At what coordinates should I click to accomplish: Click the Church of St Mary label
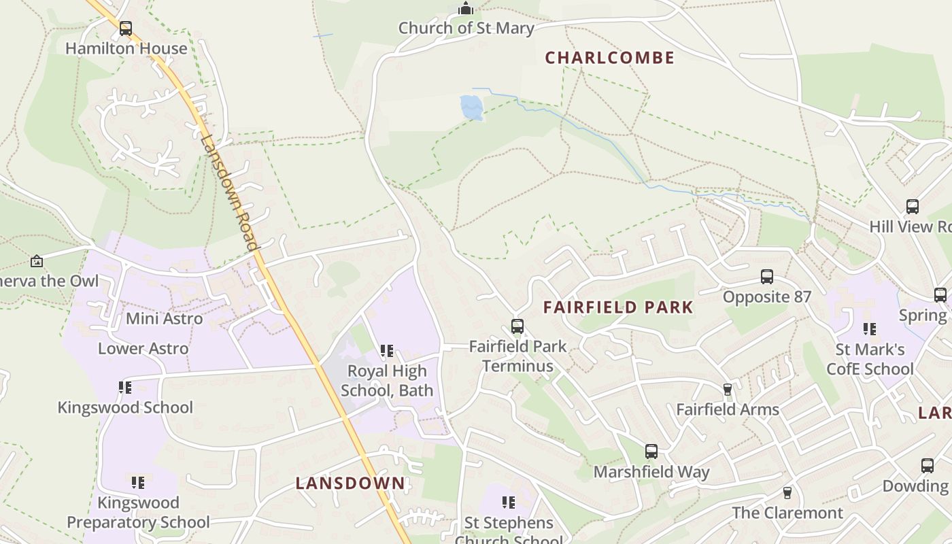(x=466, y=28)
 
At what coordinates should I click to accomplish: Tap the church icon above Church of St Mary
(x=466, y=8)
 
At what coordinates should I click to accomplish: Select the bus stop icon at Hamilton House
(x=126, y=29)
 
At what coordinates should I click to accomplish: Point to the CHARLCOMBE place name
(x=610, y=58)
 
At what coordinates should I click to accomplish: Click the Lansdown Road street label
(x=230, y=192)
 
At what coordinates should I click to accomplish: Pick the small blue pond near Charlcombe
(x=472, y=107)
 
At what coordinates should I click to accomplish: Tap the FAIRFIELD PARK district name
(x=618, y=307)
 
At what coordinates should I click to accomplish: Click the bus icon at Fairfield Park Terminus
(x=517, y=326)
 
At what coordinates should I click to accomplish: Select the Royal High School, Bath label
(x=387, y=381)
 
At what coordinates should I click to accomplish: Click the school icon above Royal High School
(x=387, y=351)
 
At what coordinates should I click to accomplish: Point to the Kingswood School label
(x=125, y=407)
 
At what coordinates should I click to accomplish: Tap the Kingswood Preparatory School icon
(x=138, y=483)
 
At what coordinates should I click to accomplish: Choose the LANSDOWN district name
(x=350, y=483)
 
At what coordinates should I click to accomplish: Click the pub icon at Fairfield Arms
(x=728, y=390)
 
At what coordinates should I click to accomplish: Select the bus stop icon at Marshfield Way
(x=651, y=452)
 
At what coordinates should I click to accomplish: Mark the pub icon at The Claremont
(x=787, y=492)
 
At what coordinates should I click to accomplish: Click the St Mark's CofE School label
(x=870, y=359)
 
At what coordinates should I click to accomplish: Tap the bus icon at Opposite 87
(x=767, y=277)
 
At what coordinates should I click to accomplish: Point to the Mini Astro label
(x=164, y=318)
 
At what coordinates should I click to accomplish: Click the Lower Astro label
(x=143, y=348)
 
